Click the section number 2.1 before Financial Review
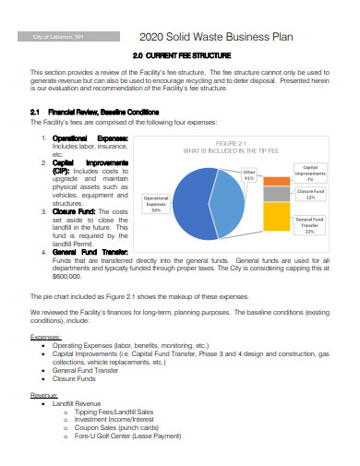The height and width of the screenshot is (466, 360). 38,112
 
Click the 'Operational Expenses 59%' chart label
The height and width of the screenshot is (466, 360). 156,204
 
